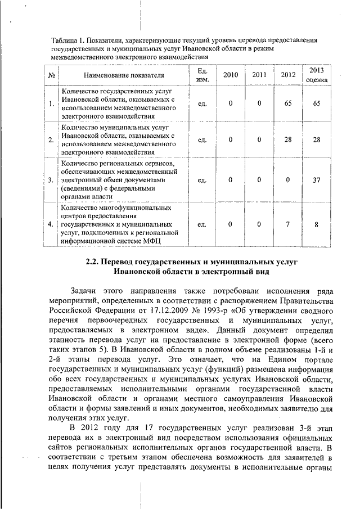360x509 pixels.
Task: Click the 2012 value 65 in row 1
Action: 287,103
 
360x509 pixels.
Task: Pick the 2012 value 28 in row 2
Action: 287,139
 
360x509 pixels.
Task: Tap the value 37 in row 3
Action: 317,180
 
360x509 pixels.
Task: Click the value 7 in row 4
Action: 287,224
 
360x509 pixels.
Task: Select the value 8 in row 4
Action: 317,224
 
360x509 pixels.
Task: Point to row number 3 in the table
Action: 51,180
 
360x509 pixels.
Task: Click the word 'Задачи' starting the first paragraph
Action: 84,291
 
